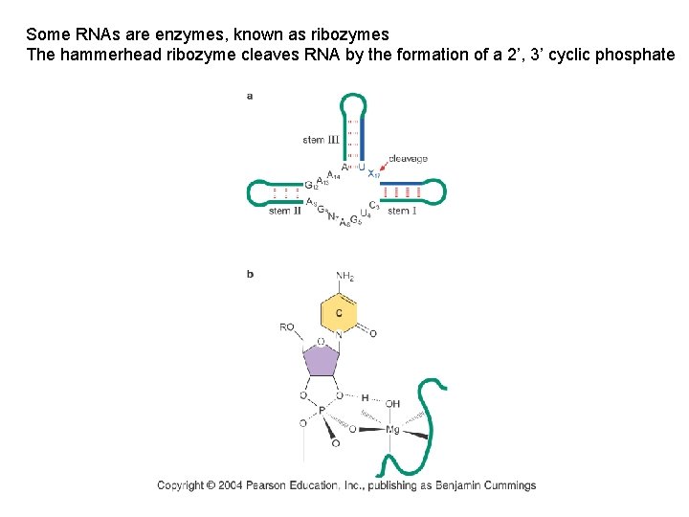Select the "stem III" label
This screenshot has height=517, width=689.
tap(321, 140)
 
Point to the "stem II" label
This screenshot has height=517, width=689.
tap(285, 211)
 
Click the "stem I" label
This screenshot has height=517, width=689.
tap(402, 211)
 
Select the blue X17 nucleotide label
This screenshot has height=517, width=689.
tap(372, 173)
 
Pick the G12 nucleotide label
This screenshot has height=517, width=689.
tap(310, 184)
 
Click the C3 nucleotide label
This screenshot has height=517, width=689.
tap(374, 207)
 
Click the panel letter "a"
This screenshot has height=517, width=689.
tap(250, 96)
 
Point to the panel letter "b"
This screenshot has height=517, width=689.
tap(250, 274)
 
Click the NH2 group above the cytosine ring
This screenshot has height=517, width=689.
tap(344, 278)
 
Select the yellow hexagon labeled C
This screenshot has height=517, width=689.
tap(339, 314)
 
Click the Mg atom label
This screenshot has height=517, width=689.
tap(392, 430)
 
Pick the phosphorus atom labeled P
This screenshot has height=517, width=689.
tap(322, 410)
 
